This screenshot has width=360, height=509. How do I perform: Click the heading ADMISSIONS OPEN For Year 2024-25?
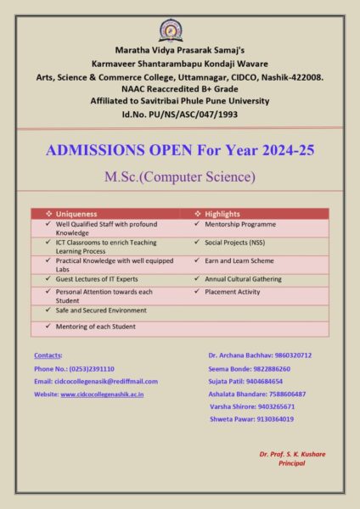(180, 151)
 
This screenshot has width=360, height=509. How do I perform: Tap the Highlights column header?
(221, 214)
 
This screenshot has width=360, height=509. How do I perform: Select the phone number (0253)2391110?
(86, 369)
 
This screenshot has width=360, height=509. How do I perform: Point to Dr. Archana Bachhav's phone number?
(288, 355)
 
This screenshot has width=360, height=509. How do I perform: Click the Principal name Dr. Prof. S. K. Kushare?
(292, 454)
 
